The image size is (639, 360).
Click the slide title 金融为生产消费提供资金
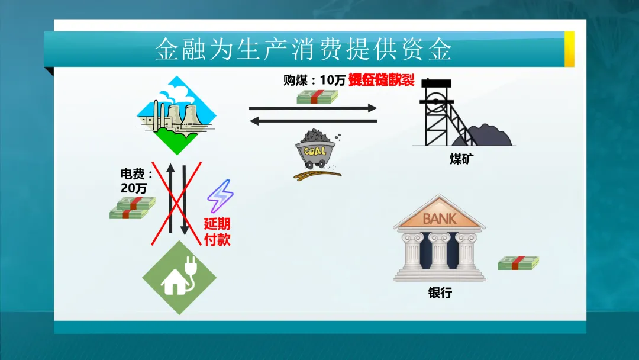tap(303, 49)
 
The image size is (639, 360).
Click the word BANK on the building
tap(439, 218)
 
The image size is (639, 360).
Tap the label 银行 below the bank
tap(440, 292)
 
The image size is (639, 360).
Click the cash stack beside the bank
tap(518, 263)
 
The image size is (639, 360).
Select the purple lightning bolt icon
tap(220, 196)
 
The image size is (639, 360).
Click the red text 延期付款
tap(217, 232)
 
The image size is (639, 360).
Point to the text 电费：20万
tap(136, 181)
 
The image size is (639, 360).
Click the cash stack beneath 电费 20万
tap(132, 208)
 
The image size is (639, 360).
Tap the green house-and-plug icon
tap(179, 277)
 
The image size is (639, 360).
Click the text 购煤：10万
tap(314, 80)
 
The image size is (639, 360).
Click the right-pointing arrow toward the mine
tap(313, 108)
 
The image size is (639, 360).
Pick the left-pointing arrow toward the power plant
tap(313, 121)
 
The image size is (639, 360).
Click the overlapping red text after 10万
tap(381, 80)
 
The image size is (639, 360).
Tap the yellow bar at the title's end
tap(569, 49)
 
